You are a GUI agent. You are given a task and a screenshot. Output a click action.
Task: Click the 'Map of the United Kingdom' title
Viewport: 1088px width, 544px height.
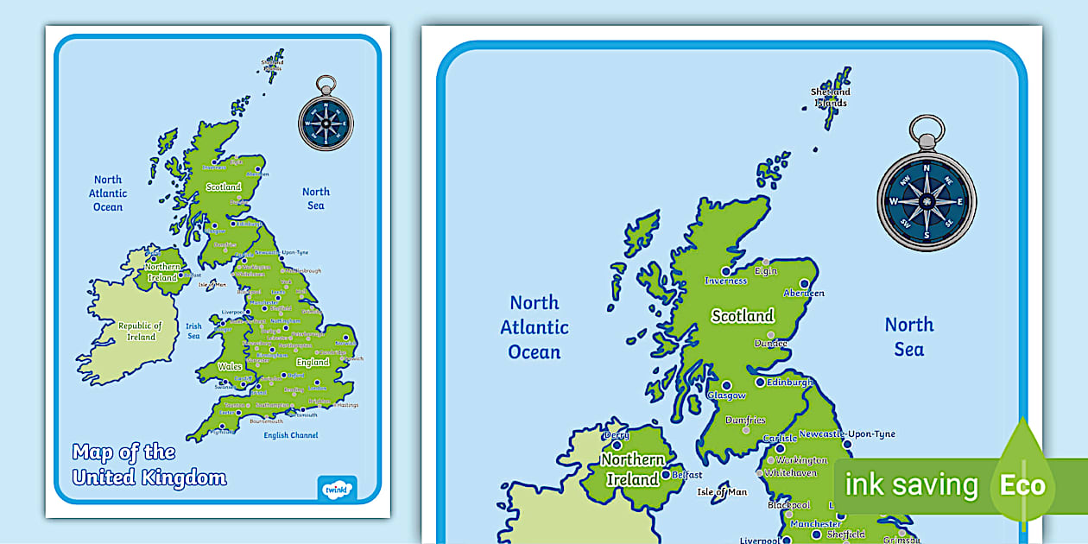pos(149,465)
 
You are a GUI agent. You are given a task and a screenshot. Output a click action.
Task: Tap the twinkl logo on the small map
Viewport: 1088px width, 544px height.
pos(337,488)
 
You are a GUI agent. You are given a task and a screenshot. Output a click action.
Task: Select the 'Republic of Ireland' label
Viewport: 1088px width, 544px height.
pos(141,331)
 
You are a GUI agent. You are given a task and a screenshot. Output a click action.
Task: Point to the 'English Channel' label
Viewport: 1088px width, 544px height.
pos(292,435)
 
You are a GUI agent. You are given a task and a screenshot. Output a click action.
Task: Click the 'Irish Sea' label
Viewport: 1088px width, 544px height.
pos(193,331)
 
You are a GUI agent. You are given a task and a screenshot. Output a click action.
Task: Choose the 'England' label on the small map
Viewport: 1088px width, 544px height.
pos(313,362)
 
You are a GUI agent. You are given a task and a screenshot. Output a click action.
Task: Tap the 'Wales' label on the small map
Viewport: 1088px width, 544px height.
pos(230,366)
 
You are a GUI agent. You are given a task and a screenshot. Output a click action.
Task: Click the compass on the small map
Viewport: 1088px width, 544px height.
pos(326,122)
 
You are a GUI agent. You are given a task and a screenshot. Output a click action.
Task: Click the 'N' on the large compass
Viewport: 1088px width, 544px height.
pos(927,168)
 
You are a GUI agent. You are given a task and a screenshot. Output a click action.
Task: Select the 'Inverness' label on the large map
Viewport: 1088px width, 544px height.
pos(725,281)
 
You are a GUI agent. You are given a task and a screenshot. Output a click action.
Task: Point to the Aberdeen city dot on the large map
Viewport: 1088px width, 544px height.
pos(805,282)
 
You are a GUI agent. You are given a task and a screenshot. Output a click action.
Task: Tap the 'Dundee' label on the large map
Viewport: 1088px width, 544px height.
pos(770,343)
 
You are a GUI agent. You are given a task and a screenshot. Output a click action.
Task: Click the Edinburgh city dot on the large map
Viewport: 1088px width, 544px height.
pos(760,382)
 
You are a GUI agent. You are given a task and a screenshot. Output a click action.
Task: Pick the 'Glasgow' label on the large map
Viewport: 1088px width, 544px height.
pos(726,395)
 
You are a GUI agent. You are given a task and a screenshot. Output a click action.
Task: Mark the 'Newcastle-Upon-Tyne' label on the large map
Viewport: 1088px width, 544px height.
pos(847,434)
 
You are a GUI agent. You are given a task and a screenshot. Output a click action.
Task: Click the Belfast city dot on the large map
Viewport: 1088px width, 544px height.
pos(666,475)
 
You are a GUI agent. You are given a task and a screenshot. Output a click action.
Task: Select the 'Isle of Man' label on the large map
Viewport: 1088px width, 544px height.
pos(722,492)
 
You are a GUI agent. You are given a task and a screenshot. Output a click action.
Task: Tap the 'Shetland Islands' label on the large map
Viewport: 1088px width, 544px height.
pos(830,97)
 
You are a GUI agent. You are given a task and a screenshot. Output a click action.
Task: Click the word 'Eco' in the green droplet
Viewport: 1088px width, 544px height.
pos(1022,485)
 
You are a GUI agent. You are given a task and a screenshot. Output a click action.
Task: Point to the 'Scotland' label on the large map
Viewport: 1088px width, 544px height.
pos(742,316)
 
